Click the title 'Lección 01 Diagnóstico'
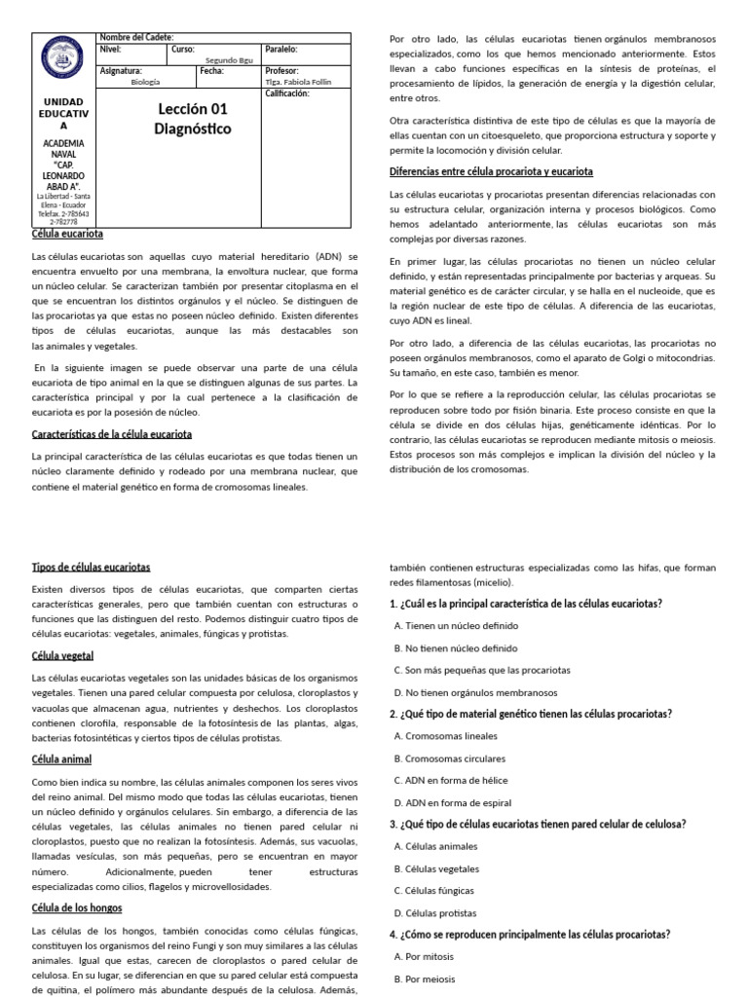tap(192, 119)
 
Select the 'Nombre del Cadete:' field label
tap(136, 37)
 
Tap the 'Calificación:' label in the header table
tap(287, 93)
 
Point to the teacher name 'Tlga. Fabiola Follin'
tap(298, 82)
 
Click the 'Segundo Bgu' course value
tap(229, 59)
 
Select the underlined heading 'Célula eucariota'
tap(67, 235)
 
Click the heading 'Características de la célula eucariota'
tap(112, 433)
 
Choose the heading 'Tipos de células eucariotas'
tap(92, 567)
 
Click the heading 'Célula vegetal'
tap(62, 655)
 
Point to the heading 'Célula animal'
tap(61, 758)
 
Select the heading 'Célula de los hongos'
tap(77, 907)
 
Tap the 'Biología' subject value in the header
tap(144, 82)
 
